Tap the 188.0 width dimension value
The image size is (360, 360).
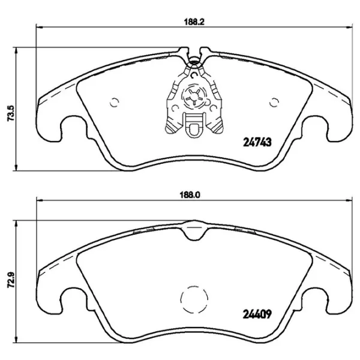[191, 194]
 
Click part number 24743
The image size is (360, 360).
[258, 142]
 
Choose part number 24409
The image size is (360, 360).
[258, 313]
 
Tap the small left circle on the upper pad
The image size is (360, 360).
[116, 101]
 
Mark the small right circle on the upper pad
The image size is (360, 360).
[275, 101]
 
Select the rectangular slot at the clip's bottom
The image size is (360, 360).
[194, 125]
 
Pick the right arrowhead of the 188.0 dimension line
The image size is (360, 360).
[349, 201]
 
